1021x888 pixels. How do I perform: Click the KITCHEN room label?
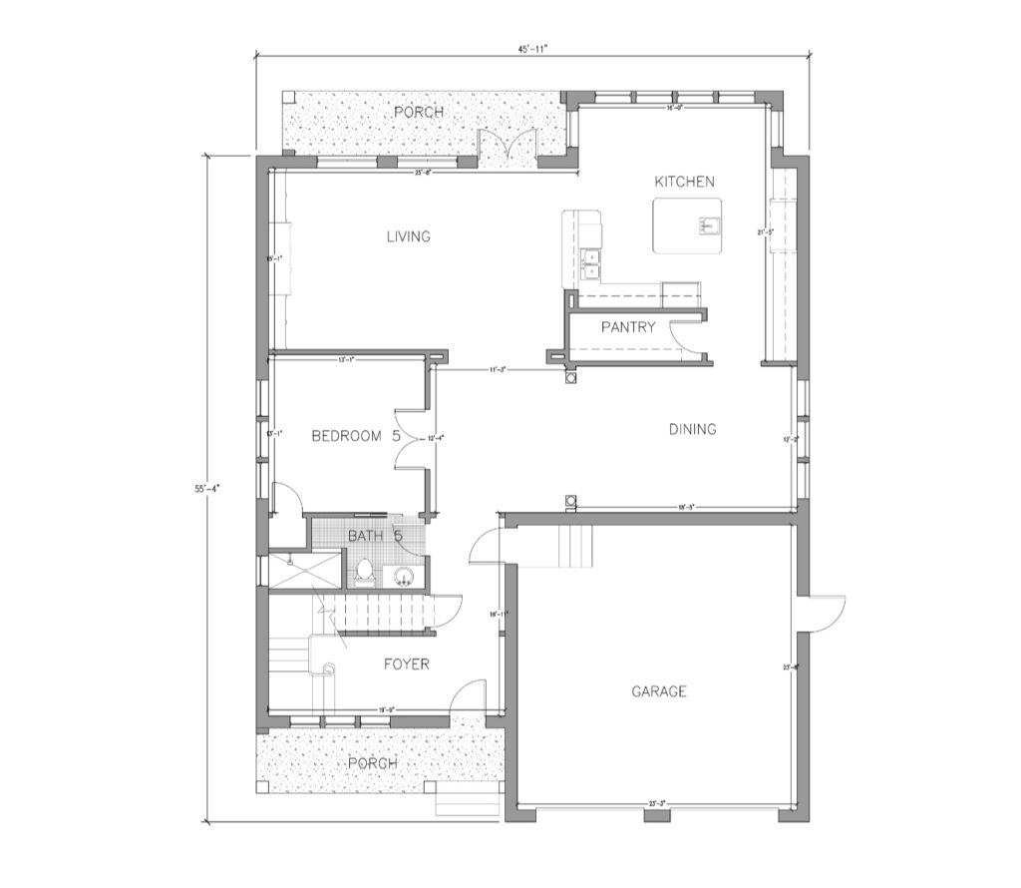[684, 182]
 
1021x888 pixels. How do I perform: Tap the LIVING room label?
[409, 237]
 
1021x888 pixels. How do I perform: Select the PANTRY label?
[628, 327]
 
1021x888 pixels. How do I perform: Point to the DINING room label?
[692, 430]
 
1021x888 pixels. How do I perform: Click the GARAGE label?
[658, 690]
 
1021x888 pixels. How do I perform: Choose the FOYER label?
[406, 665]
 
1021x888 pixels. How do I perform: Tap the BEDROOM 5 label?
[355, 436]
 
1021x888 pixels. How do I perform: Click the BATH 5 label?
[374, 537]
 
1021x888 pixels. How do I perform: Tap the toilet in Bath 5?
[364, 572]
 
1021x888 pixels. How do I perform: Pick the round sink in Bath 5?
[405, 576]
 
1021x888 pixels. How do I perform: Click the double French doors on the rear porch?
[508, 146]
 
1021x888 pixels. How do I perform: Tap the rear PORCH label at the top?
[419, 112]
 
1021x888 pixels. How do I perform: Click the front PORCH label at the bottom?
[372, 763]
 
